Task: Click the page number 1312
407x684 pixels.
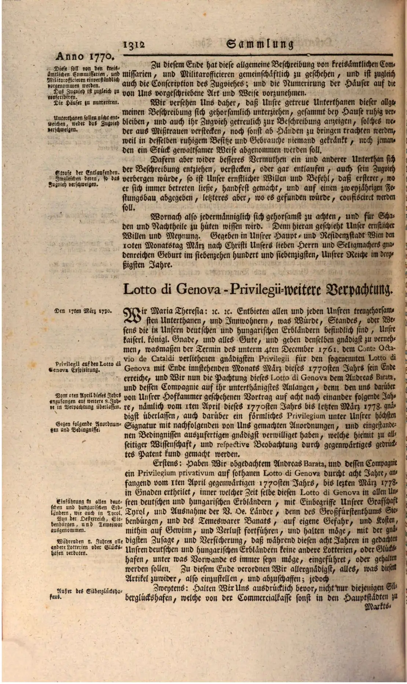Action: (x=134, y=45)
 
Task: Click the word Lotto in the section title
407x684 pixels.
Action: (x=139, y=289)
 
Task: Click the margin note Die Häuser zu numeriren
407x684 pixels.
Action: (x=84, y=103)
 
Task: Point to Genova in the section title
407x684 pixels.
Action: (x=198, y=289)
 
